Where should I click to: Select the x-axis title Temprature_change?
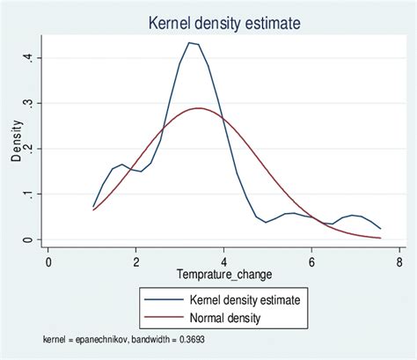tap(223, 275)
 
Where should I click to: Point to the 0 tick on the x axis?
tap(48, 261)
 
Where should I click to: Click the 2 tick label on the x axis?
tap(136, 261)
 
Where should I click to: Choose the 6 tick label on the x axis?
tap(311, 261)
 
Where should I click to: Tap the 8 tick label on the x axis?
tap(399, 261)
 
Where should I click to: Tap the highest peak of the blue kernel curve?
tap(189, 42)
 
